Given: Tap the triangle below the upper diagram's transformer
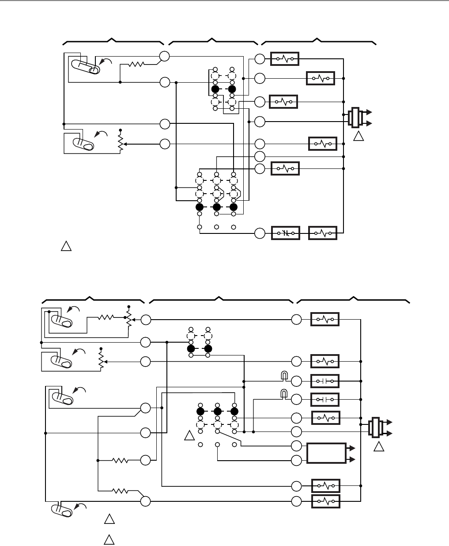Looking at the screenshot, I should tap(358, 137).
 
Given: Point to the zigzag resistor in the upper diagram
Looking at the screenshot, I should tap(136, 65).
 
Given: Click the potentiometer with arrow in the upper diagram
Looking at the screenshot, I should tap(120, 141).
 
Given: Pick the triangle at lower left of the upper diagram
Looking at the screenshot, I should tap(65, 247).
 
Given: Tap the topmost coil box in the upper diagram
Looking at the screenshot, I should tap(285, 58).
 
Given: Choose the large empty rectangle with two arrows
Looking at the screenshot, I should tap(327, 453).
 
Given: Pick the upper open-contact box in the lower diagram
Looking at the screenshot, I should tap(325, 381).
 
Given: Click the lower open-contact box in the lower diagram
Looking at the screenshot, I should tap(325, 399).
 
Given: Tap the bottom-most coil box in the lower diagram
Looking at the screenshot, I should tap(325, 501).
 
